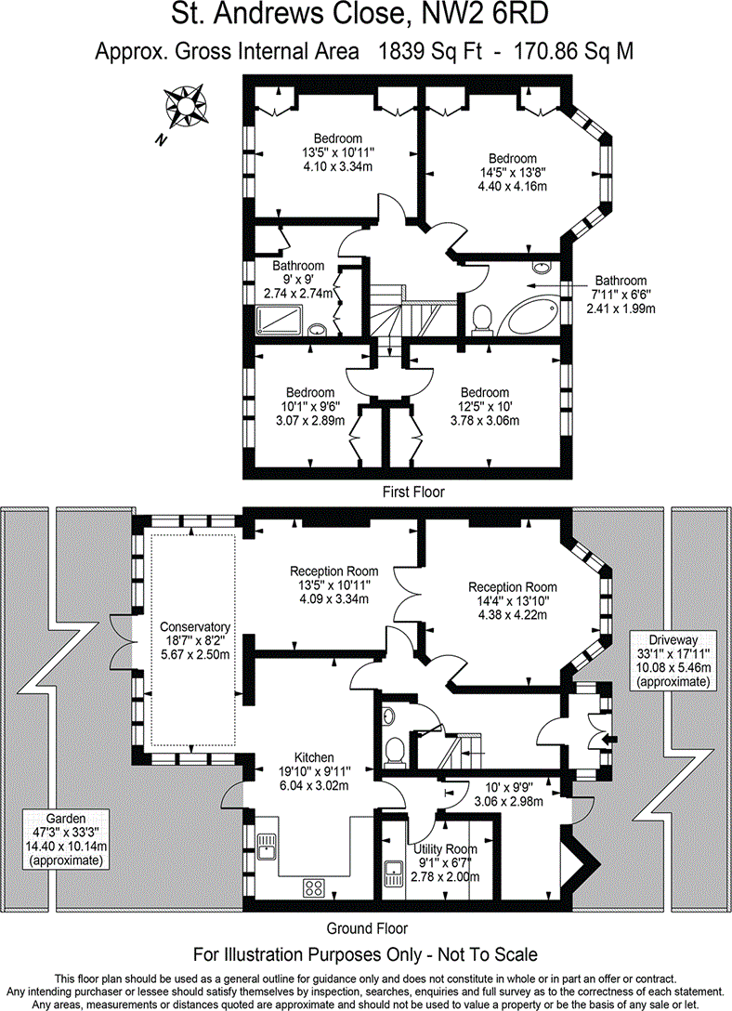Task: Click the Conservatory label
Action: tap(194, 626)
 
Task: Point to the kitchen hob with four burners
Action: tap(314, 886)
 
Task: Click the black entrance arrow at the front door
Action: tap(608, 739)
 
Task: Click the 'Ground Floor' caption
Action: tap(367, 927)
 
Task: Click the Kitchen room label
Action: tap(311, 757)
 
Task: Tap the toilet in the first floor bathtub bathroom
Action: tap(482, 320)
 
